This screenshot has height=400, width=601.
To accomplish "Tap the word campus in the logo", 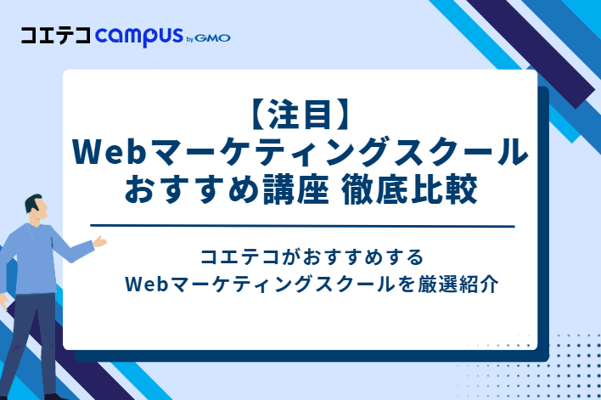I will tap(138, 37).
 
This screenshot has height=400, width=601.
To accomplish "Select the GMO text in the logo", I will tap(213, 37).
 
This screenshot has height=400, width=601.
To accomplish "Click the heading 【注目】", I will tap(300, 114).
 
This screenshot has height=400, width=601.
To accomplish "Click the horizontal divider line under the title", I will tap(302, 226).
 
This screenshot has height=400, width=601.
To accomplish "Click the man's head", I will tap(35, 209).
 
